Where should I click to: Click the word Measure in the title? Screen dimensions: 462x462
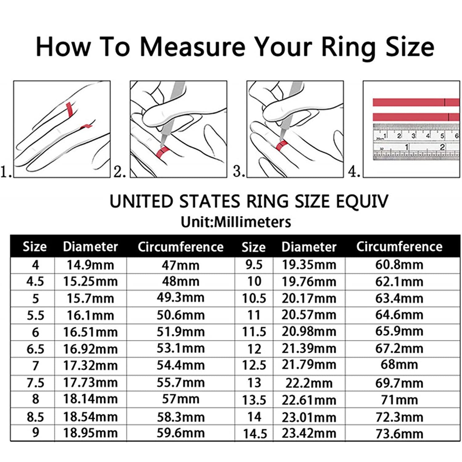pyautogui.click(x=193, y=47)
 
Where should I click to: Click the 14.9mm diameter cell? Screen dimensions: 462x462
pyautogui.click(x=91, y=265)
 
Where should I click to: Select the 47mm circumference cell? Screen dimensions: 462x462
pyautogui.click(x=180, y=265)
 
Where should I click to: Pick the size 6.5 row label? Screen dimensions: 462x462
pyautogui.click(x=35, y=349)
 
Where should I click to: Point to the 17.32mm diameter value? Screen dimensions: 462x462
pyautogui.click(x=91, y=366)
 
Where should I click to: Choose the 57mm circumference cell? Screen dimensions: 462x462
pyautogui.click(x=180, y=399)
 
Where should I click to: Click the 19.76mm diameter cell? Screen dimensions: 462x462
pyautogui.click(x=309, y=282)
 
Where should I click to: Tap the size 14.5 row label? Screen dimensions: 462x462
pyautogui.click(x=255, y=434)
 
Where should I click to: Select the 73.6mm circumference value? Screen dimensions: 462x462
pyautogui.click(x=399, y=434)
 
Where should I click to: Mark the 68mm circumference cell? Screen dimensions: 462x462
pyautogui.click(x=399, y=365)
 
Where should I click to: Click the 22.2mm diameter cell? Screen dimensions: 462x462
pyautogui.click(x=309, y=383)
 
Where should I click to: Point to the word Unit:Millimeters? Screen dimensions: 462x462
pyautogui.click(x=236, y=222)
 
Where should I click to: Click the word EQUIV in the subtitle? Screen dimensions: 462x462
pyautogui.click(x=362, y=201)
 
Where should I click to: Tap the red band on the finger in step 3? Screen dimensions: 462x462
pyautogui.click(x=282, y=145)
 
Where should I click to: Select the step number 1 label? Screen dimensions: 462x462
pyautogui.click(x=6, y=171)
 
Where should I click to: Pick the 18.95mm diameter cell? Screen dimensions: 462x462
pyautogui.click(x=91, y=433)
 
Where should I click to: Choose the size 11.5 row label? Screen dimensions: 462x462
pyautogui.click(x=254, y=332)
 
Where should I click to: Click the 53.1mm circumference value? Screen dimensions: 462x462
pyautogui.click(x=180, y=348)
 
